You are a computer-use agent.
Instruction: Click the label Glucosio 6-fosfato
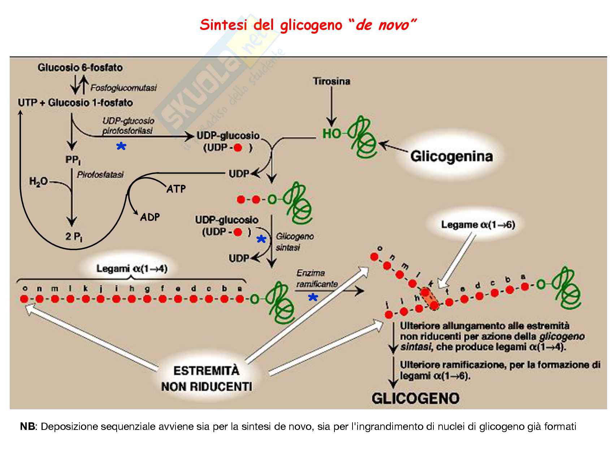tap(80, 68)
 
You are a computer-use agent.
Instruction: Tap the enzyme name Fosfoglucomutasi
tap(124, 87)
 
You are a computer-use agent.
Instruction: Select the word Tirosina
tap(332, 81)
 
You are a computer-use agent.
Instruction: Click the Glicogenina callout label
tap(451, 156)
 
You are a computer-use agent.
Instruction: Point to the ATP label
tap(176, 189)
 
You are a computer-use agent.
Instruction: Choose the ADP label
tap(150, 217)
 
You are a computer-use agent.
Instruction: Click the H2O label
tap(38, 182)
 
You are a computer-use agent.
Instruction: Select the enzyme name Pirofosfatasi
tap(100, 175)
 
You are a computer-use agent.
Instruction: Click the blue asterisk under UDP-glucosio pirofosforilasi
tap(121, 147)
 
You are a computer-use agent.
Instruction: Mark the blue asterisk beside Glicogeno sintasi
tap(261, 240)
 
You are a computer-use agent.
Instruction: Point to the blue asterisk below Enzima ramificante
tap(313, 298)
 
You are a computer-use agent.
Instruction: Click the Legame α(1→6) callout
tap(478, 225)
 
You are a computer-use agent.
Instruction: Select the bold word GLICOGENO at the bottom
tap(415, 398)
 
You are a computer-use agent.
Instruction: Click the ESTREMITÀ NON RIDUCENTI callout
tap(206, 379)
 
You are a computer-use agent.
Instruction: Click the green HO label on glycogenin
tap(332, 134)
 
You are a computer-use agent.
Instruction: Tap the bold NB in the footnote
tap(28, 427)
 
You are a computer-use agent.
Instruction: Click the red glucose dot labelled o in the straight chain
tap(24, 299)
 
